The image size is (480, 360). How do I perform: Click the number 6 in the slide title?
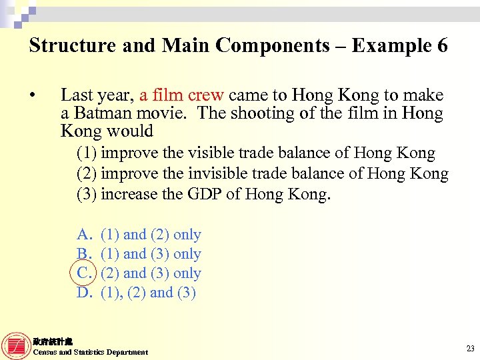tap(441, 45)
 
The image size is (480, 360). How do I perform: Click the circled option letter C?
tap(83, 273)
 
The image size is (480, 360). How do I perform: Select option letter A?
tap(83, 235)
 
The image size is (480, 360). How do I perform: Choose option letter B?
tap(83, 254)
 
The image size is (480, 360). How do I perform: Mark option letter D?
tap(83, 293)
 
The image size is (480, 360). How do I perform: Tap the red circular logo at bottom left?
tap(16, 345)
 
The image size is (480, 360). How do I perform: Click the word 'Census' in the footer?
tap(45, 352)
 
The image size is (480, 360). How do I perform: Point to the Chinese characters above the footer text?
tap(48, 341)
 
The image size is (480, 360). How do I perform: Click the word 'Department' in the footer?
tap(129, 352)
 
